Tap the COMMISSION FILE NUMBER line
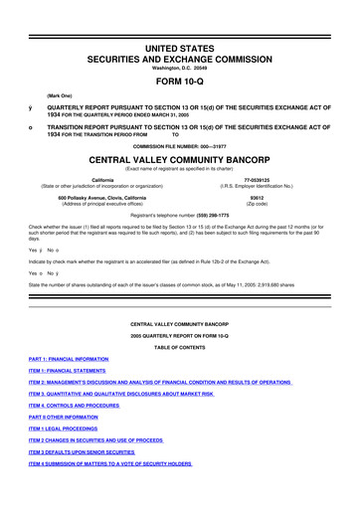180,144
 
